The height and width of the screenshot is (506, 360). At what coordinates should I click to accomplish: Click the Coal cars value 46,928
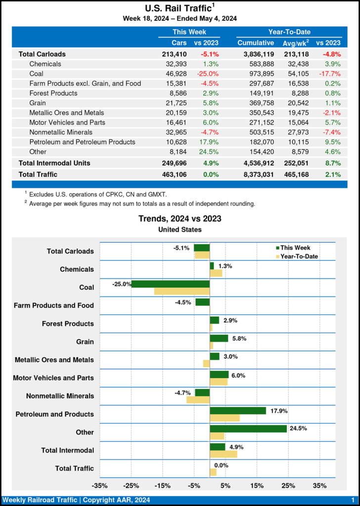tap(176, 74)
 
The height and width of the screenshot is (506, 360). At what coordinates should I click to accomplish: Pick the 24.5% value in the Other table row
tap(209, 152)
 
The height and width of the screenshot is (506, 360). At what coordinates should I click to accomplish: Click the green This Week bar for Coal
tap(170, 284)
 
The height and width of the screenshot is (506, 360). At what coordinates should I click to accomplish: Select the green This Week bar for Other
tap(248, 429)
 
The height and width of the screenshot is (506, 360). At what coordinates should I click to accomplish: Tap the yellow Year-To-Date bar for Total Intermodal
tap(224, 454)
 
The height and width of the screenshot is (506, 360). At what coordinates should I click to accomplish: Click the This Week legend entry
tap(295, 248)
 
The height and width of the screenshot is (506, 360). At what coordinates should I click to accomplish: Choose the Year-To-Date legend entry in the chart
tap(299, 256)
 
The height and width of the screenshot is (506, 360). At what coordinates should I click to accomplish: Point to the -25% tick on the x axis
tap(131, 485)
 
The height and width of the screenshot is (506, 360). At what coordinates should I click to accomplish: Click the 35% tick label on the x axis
tap(320, 485)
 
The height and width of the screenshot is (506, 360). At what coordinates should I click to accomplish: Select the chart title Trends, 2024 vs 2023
tap(180, 218)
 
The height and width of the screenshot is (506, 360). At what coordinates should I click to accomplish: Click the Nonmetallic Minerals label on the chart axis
tap(53, 396)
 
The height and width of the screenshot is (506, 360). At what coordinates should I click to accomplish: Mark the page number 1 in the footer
tap(353, 500)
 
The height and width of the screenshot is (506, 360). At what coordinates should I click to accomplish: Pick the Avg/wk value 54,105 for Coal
tap(295, 74)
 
